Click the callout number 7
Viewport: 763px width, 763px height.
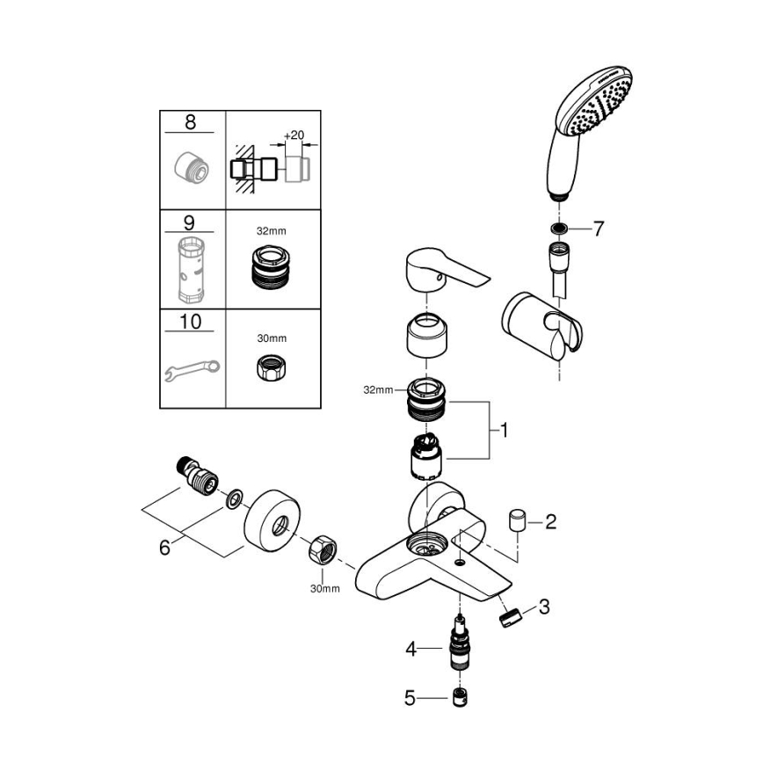tap(598, 229)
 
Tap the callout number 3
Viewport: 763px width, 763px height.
tap(545, 607)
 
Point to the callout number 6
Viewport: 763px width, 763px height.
tap(164, 548)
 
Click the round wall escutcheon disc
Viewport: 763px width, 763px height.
tap(275, 525)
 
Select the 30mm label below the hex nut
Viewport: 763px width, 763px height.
tap(323, 588)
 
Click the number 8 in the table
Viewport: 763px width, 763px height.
tap(191, 122)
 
